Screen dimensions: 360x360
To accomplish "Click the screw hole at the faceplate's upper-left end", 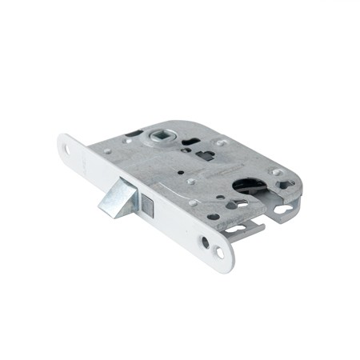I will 66,147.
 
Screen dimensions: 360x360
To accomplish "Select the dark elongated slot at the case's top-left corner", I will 134,132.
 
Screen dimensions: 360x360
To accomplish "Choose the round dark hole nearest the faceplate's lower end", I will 206,242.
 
